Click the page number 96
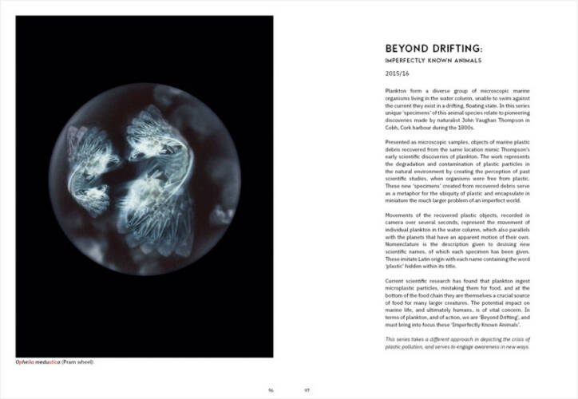click(x=271, y=389)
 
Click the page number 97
click(x=307, y=389)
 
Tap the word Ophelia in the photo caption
click(x=26, y=362)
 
